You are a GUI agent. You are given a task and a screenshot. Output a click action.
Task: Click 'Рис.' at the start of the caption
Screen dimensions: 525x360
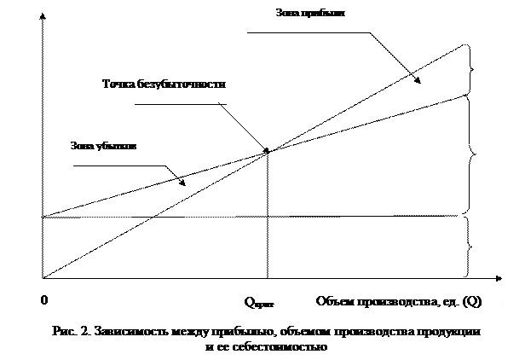point(65,330)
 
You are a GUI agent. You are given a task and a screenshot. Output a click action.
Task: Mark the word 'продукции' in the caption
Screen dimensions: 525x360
point(453,330)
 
